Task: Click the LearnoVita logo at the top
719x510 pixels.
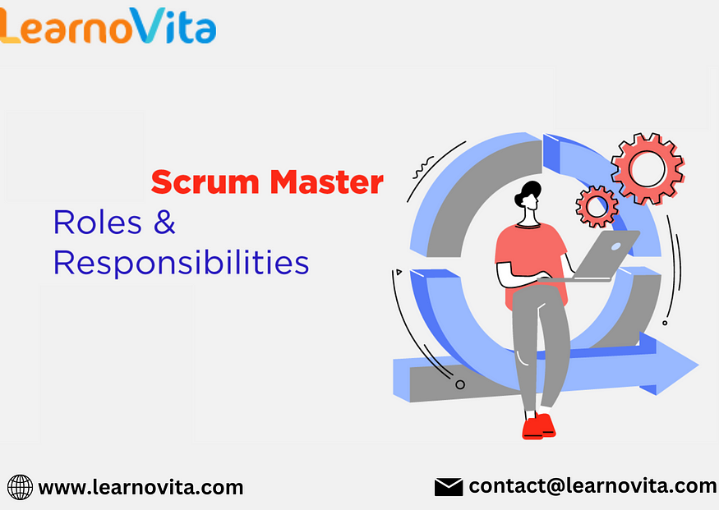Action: coord(108,25)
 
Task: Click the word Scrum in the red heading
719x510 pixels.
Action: coord(205,182)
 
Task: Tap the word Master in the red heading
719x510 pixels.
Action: coord(326,182)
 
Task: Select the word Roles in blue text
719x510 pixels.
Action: coord(98,223)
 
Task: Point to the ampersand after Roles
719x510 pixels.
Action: coord(164,223)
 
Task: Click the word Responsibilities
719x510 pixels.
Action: coord(181,263)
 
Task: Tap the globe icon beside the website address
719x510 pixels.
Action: coord(21,487)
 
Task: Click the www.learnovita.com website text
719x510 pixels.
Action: coord(141,488)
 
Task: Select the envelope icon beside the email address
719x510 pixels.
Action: coord(449,487)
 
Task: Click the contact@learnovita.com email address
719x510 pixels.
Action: coord(592,486)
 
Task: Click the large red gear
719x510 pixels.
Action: coord(648,168)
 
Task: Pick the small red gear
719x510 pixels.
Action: coord(597,207)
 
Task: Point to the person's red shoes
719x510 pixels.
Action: coord(539,426)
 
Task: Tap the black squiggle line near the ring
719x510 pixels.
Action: coord(423,168)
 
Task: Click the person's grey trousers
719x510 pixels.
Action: coord(540,348)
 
